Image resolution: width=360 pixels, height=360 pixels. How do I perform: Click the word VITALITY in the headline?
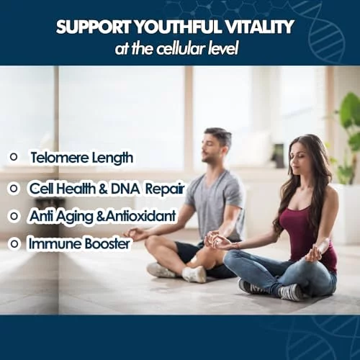pos(259,27)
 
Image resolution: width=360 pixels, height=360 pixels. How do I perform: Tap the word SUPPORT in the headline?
pos(94,27)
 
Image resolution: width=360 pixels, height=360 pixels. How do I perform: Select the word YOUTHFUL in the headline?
pos(178,27)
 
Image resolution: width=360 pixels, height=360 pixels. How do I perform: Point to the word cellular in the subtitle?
pos(181,49)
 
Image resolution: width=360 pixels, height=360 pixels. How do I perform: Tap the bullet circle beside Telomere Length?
pos(14,157)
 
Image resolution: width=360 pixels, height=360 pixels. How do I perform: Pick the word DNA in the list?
pos(125,189)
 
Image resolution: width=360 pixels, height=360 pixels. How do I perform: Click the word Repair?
pos(165,189)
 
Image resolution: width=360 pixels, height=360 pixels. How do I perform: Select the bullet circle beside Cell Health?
pos(14,189)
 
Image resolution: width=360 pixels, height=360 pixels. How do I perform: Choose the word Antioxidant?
pos(140,216)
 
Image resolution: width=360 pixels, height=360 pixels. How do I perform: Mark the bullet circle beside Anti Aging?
pos(14,216)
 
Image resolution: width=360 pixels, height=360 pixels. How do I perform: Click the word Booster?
pos(108,243)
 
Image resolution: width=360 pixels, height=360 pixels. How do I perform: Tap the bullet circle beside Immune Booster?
pos(14,244)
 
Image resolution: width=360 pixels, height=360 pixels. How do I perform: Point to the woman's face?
pos(298,160)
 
